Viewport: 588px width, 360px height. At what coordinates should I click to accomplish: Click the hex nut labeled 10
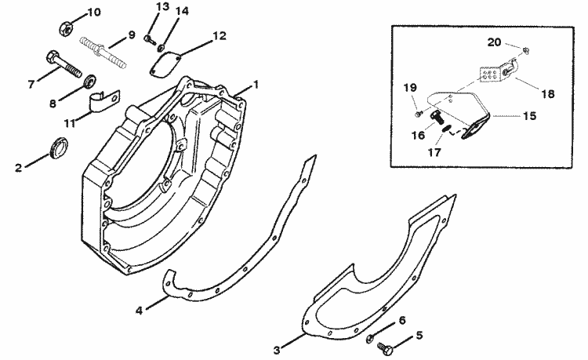coord(66,29)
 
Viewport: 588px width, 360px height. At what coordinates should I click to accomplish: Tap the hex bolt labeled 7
coord(64,64)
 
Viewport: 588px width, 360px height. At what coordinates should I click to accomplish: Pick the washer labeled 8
coord(90,81)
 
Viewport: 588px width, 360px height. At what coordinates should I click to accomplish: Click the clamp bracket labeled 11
coord(105,100)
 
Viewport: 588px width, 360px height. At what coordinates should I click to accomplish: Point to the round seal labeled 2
coord(59,147)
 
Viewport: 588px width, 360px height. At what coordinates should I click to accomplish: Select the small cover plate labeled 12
coord(165,64)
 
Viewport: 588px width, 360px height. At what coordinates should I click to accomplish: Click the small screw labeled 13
coord(149,39)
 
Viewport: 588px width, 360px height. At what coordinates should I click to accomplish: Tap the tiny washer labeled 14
coord(162,49)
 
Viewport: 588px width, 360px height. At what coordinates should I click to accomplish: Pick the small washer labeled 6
coord(370,338)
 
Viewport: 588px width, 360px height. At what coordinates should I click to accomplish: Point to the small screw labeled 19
coord(419,113)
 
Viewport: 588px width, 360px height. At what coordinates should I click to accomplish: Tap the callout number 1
coord(256,85)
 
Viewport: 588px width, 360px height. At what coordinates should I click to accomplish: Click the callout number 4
coord(139,311)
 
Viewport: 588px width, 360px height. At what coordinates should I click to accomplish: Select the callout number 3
coord(277,351)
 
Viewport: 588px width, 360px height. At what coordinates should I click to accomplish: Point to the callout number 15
coord(529,116)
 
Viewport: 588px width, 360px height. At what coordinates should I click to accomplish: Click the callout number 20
coord(494,42)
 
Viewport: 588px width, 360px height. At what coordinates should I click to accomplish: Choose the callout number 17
coord(434,152)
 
